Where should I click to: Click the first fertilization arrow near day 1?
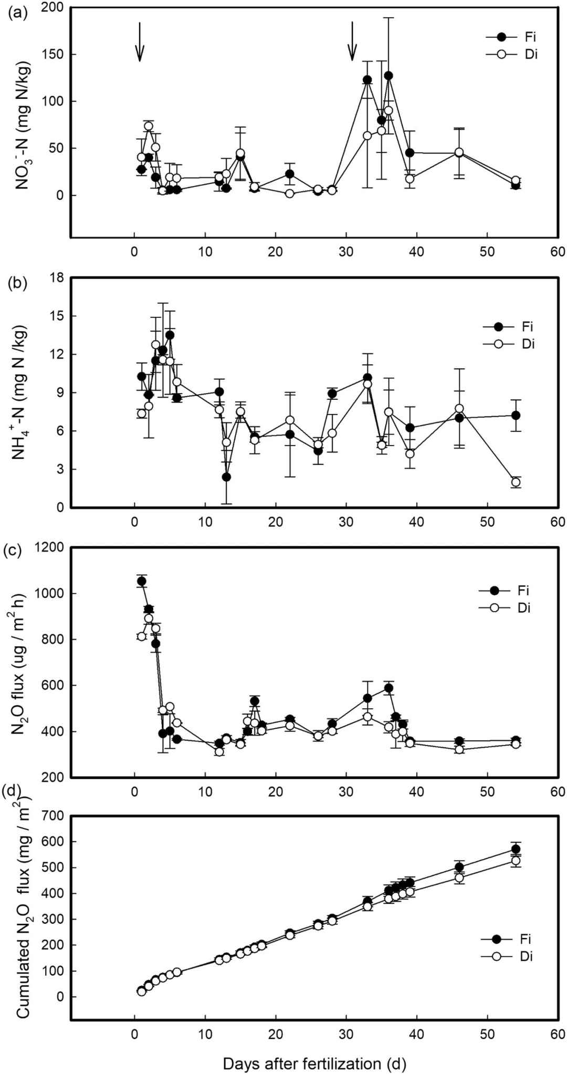[140, 42]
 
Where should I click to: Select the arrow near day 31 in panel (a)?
[352, 42]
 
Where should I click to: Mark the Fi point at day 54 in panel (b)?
[516, 416]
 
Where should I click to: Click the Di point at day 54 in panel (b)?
[516, 482]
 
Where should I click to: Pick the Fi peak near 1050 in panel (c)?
[141, 581]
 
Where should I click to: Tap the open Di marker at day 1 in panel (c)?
[141, 636]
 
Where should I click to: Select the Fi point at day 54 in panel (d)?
[516, 849]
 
